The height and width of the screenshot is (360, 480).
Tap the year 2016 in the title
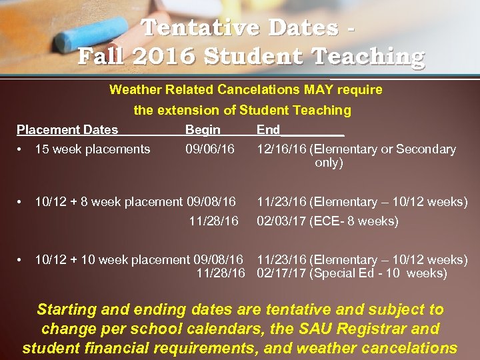point(166,57)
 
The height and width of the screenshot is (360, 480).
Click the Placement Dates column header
point(67,130)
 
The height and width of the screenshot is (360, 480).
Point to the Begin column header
point(203,130)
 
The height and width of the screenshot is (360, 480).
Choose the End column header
point(268,130)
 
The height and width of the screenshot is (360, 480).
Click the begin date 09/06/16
point(209,149)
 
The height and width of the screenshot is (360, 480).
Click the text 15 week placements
point(92,149)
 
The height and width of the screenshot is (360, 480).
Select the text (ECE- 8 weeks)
point(354,221)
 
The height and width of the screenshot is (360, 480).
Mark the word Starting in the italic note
point(66,309)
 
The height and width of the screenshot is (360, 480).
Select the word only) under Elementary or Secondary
point(329,163)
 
